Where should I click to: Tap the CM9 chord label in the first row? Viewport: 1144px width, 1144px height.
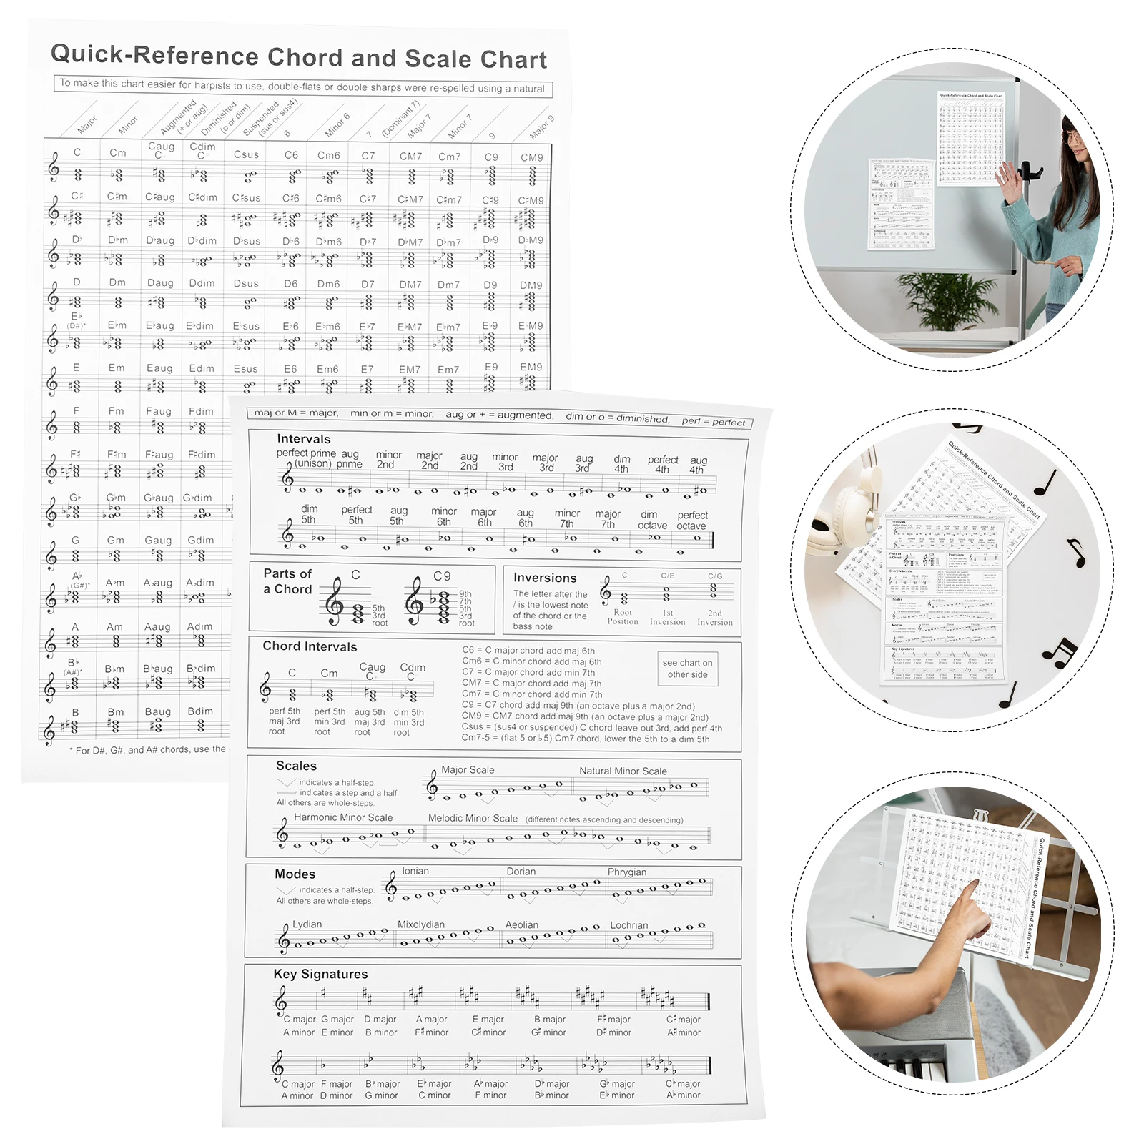tap(531, 157)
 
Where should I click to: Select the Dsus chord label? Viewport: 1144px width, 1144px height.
tap(246, 283)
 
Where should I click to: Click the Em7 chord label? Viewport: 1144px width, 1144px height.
tap(448, 370)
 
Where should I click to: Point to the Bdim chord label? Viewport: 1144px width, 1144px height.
tap(200, 711)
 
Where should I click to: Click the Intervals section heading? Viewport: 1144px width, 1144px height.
tap(304, 439)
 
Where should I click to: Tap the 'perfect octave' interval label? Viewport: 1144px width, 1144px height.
tap(692, 521)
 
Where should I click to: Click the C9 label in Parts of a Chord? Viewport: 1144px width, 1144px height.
tap(442, 576)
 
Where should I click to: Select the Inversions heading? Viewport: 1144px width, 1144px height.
tap(544, 578)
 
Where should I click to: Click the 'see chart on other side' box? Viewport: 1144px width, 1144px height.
tap(687, 669)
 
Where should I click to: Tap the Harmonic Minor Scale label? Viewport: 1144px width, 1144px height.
tap(343, 817)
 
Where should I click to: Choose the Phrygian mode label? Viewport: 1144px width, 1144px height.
tap(627, 872)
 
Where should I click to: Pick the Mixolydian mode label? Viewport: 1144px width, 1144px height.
tap(421, 924)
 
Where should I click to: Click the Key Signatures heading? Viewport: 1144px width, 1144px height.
tap(320, 974)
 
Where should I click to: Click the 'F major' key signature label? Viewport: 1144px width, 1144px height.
tap(337, 1084)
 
